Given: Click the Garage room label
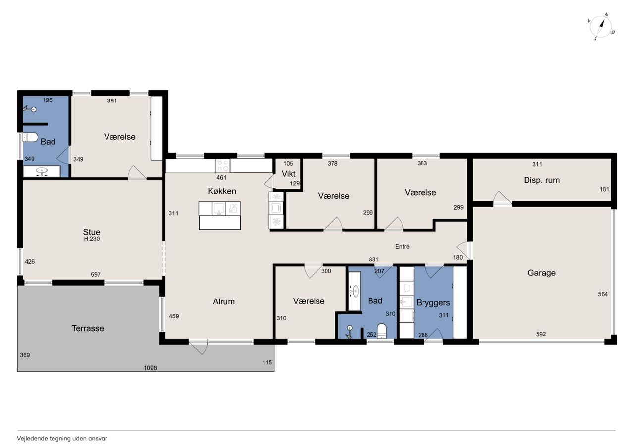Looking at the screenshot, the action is point(541,273).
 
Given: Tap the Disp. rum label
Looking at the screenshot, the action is point(541,180).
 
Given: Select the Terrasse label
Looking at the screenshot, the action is point(88,328).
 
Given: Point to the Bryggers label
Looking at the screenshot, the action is point(433,303).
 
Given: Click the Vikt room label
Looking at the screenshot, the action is point(288,174).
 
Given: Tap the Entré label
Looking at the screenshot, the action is point(402,247).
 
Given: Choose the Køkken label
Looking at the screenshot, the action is point(222,191).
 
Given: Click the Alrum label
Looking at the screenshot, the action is point(224,301).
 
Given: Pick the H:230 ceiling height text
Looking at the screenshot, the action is point(92,239).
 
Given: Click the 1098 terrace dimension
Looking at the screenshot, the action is point(150,368).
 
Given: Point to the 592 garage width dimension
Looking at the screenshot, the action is point(541,334).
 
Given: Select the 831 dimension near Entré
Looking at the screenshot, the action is point(373,259).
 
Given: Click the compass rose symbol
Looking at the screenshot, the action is point(601,27).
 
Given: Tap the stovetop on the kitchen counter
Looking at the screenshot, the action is point(223,166).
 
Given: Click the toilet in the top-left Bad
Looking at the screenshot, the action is point(31,138).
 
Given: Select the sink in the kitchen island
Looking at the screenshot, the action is point(219,209).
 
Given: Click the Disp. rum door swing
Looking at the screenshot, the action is point(502,198).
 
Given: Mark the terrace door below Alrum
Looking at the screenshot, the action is point(199,347).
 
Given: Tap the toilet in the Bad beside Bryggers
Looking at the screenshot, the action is point(382,331).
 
